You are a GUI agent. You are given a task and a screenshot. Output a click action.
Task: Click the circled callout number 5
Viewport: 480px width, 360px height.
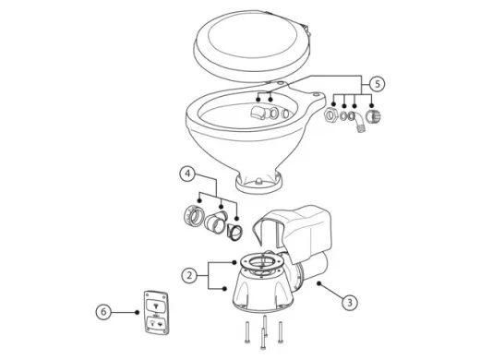(x=378, y=83)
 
